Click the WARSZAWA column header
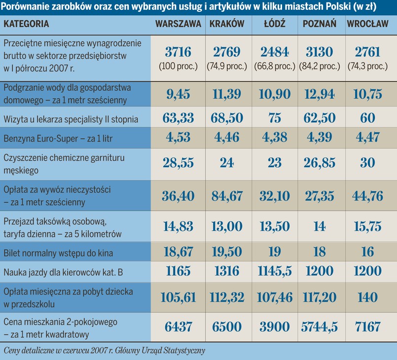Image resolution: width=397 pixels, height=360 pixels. pos(178,24)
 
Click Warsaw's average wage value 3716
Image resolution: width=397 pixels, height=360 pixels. pos(178,52)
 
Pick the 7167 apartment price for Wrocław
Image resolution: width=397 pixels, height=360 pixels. pos(368,327)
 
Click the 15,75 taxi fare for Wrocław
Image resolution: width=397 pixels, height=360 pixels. pos(368,227)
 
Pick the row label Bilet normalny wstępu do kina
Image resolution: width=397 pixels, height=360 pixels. pos(58,253)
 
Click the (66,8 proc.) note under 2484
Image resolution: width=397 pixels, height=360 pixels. pos(274,66)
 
